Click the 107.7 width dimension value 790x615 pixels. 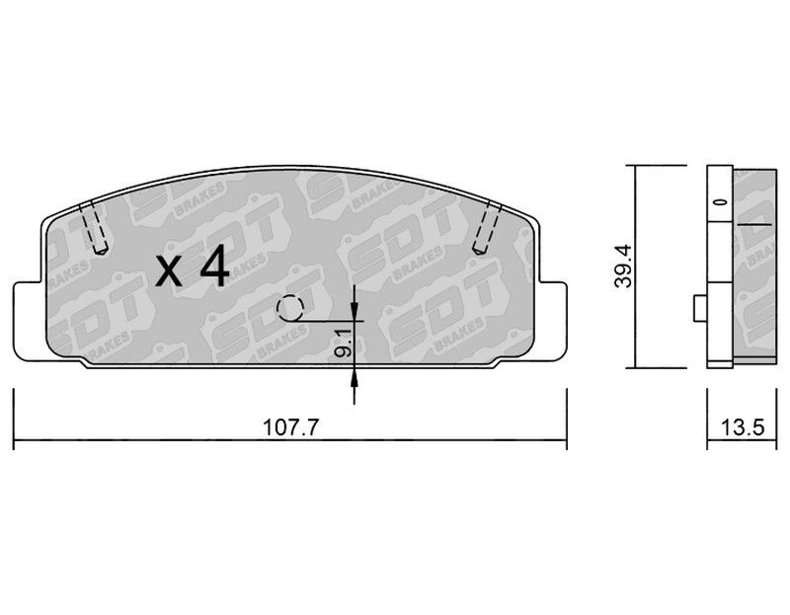tap(291, 428)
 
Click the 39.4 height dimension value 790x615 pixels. tap(623, 266)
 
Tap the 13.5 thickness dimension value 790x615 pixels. tap(743, 428)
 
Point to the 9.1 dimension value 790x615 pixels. tap(343, 341)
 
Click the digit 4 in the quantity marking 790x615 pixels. tap(214, 270)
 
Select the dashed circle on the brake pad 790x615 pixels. tap(289, 308)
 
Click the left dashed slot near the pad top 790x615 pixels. tap(94, 227)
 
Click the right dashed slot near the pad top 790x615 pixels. tap(487, 227)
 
